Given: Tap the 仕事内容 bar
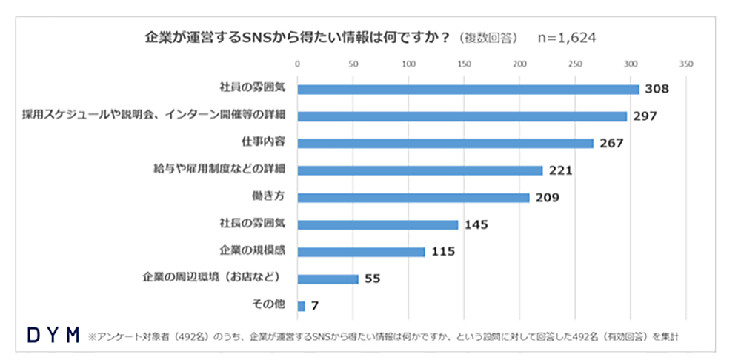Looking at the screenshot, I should tap(445, 143).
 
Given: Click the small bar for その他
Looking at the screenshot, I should tap(301, 306).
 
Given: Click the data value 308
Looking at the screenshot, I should tap(657, 89).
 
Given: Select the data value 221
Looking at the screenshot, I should tap(561, 170).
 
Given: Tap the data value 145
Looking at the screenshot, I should tap(476, 224).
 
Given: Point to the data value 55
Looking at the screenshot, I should tap(373, 279).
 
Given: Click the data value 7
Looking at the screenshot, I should tap(314, 306).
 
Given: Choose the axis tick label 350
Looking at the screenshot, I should tap(685, 65).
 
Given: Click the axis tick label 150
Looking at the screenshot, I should tap(464, 65).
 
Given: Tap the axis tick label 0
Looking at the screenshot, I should tap(297, 65).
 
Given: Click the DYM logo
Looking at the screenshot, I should tap(53, 336).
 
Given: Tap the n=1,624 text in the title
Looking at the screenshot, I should tap(567, 37).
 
